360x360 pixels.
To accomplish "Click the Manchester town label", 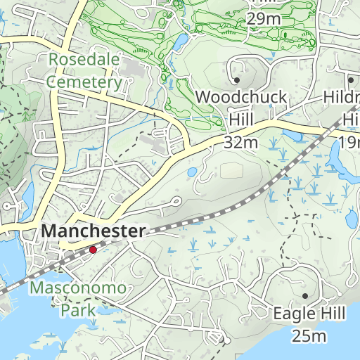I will [x=94, y=231].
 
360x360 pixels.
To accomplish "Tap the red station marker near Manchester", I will [x=93, y=250].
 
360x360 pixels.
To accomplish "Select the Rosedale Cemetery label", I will [x=84, y=71].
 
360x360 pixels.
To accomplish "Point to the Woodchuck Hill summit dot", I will [x=237, y=81].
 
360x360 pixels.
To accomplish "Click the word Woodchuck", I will [x=241, y=97].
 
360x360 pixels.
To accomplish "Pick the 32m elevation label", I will [x=241, y=143].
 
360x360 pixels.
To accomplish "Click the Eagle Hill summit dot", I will [x=305, y=296].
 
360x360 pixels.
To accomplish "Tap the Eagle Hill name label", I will [x=301, y=313].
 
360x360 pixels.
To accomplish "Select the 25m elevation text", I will [x=310, y=335].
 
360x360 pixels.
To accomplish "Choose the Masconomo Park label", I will [x=78, y=298].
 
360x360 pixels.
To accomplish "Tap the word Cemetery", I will [x=84, y=82].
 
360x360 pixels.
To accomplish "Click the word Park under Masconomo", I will [x=77, y=309].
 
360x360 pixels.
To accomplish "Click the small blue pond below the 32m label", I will [x=191, y=172].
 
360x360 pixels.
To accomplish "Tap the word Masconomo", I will [x=78, y=288].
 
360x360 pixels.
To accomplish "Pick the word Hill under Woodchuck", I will [x=241, y=120].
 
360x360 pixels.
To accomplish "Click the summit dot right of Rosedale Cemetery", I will [x=237, y=81].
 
